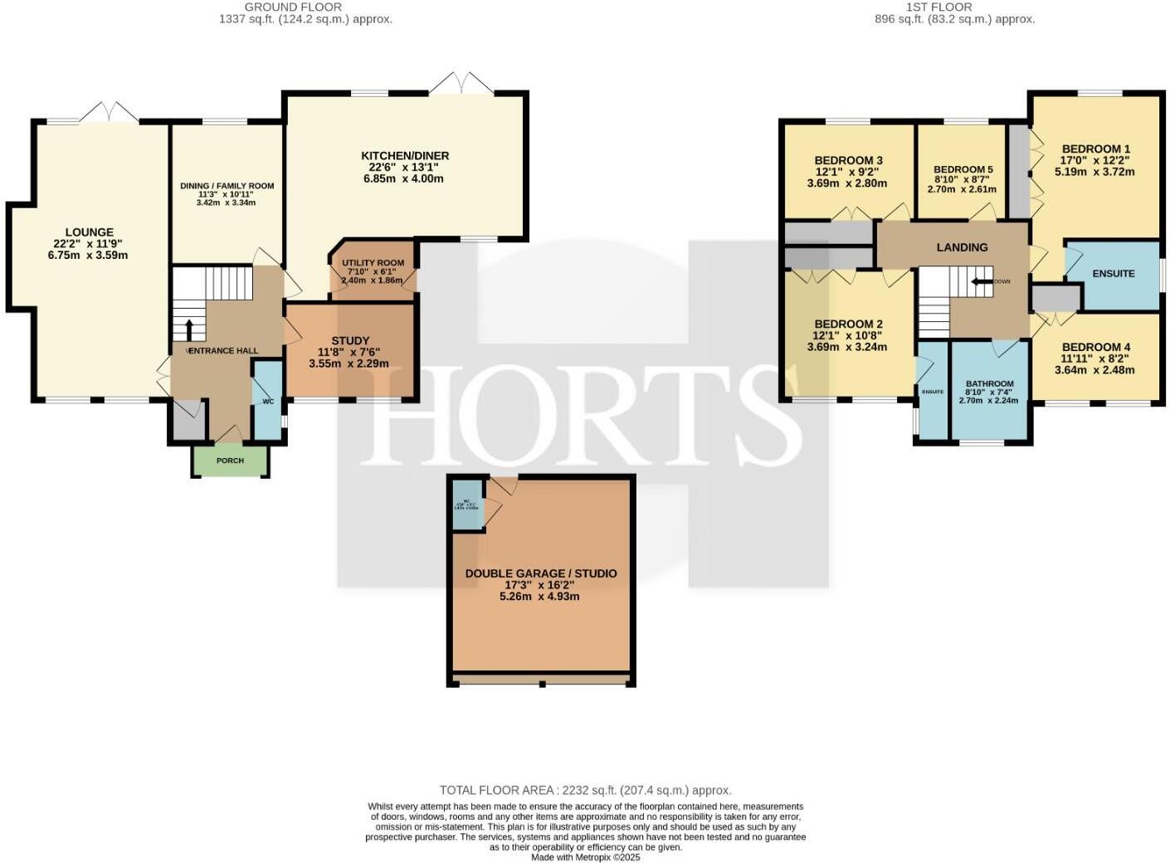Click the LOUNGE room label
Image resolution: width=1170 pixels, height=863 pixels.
(x=90, y=232)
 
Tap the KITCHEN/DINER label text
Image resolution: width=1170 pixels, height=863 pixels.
(x=405, y=156)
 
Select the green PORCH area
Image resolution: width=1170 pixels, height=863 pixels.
(x=230, y=461)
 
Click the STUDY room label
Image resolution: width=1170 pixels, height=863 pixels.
(x=349, y=340)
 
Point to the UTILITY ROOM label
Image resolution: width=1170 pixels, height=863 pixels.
(x=373, y=263)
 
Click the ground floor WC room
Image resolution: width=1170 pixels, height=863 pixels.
(x=267, y=401)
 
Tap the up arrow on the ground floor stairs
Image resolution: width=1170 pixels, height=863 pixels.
(x=188, y=329)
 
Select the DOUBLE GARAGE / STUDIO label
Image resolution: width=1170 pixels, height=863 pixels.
(x=540, y=573)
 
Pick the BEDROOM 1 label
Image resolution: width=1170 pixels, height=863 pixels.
(x=1095, y=149)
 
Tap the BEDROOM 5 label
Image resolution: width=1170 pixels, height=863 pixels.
(x=963, y=169)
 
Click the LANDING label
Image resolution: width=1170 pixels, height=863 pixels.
(x=962, y=247)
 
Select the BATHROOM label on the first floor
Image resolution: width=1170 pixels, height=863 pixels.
(x=989, y=384)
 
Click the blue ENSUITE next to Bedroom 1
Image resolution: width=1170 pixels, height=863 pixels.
(x=1113, y=274)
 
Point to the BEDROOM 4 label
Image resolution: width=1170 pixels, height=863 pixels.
(x=1095, y=347)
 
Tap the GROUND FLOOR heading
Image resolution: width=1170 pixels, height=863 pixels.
(x=293, y=7)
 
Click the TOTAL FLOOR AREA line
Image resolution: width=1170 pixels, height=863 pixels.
(x=585, y=790)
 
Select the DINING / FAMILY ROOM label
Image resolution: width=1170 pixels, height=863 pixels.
(x=227, y=186)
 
